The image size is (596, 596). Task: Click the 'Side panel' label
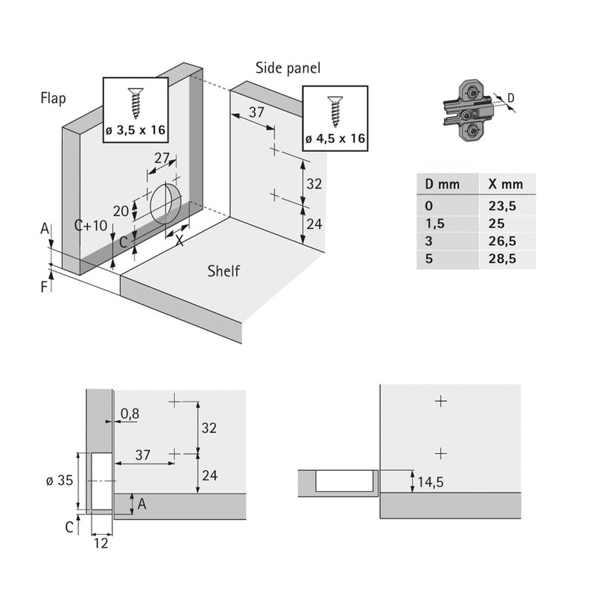[288, 68]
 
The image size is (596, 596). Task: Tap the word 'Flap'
[54, 98]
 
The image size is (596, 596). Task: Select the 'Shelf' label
[223, 271]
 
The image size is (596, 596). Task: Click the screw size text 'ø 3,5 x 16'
[135, 131]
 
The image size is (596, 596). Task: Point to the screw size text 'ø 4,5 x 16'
[335, 139]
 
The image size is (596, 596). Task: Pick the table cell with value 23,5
[501, 206]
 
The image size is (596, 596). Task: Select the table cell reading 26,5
[501, 241]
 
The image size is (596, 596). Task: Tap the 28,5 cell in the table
[501, 259]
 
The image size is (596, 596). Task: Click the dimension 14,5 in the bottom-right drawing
[431, 482]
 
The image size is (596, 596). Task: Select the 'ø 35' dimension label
[60, 481]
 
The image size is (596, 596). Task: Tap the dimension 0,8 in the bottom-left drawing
[130, 413]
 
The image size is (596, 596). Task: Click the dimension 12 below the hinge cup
[102, 543]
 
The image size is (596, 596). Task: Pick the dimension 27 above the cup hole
[162, 159]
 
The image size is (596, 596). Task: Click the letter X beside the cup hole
[180, 241]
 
